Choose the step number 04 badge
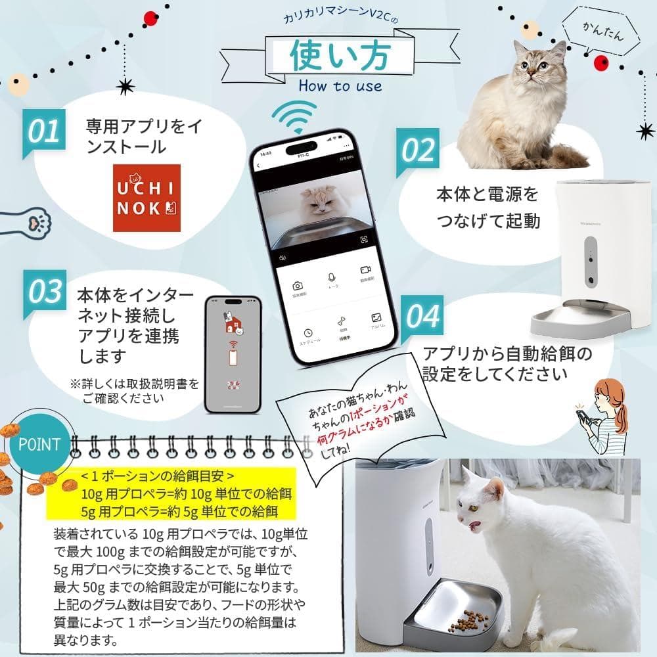[420, 315]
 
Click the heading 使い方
[341, 57]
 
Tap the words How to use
[340, 86]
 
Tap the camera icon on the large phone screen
[298, 285]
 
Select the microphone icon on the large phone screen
[332, 278]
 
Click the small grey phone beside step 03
[233, 353]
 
